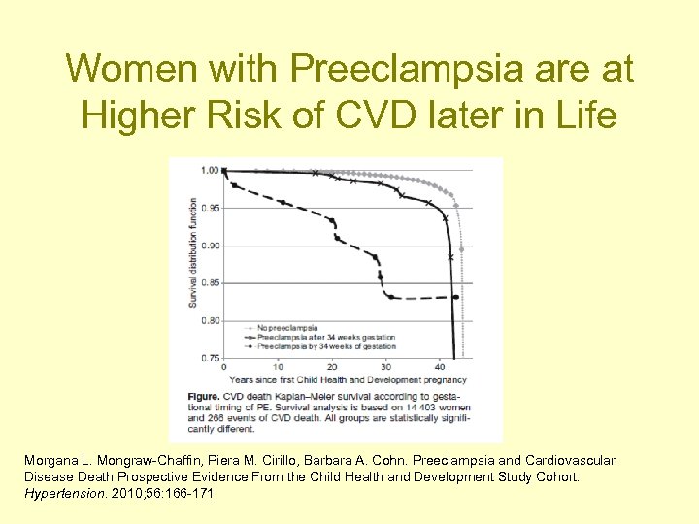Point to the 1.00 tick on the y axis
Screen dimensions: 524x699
209,171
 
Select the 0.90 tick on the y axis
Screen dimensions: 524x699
209,246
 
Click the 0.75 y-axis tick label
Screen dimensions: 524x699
209,358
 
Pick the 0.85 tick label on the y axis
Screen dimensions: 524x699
209,283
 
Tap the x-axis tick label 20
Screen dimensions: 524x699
332,367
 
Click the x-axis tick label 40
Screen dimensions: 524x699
441,367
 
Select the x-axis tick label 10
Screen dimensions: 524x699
279,367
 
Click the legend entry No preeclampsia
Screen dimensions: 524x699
283,328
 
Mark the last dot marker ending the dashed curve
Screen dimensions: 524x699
456,297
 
